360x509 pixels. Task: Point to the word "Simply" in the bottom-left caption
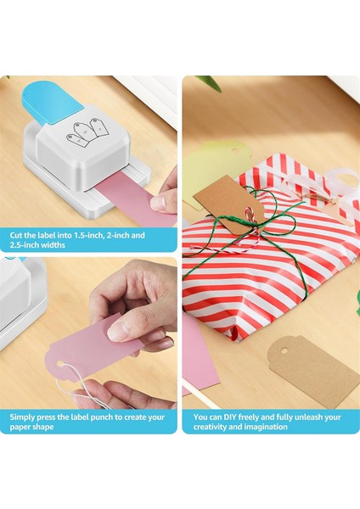[24, 417]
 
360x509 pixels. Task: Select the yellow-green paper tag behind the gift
[208, 165]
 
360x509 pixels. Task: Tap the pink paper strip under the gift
[199, 356]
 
